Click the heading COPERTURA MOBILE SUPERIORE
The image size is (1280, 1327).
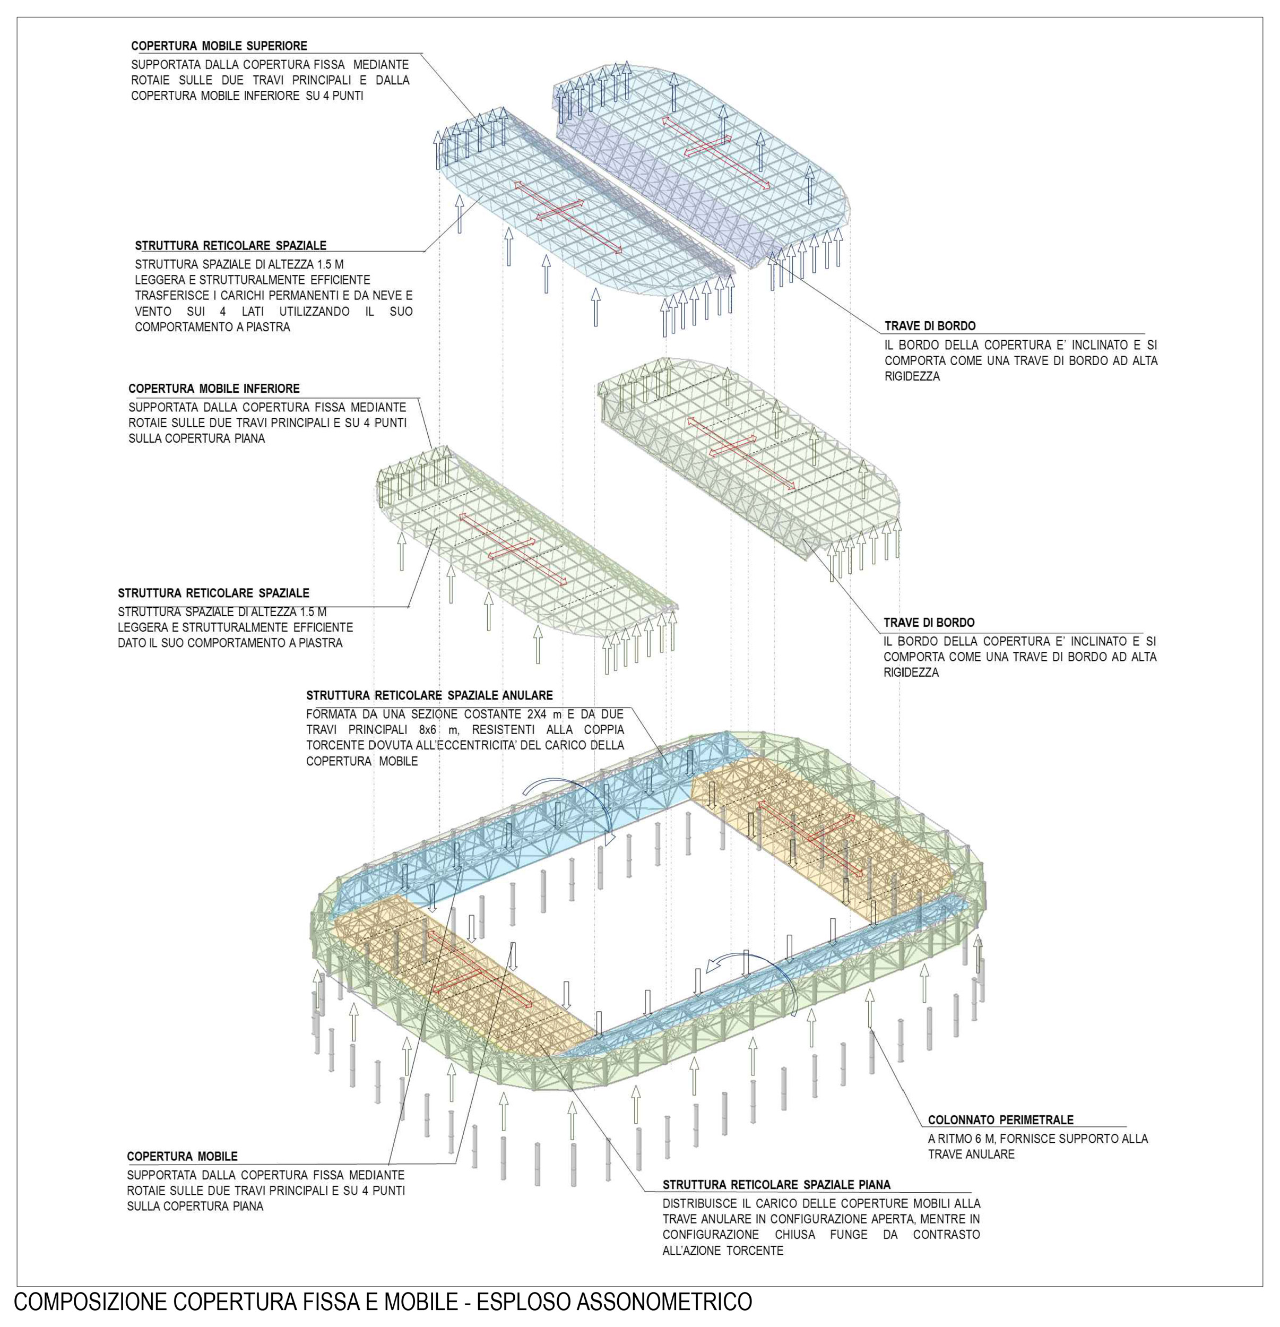[219, 46]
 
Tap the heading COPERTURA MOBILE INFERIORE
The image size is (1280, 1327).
[214, 389]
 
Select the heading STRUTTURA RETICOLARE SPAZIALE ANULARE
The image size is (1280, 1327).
[429, 695]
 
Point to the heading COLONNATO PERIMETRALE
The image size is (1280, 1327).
[1000, 1120]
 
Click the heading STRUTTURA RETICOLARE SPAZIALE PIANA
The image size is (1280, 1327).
[776, 1185]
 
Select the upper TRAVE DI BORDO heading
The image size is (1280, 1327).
[930, 326]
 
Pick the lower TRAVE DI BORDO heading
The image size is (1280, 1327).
[929, 623]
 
